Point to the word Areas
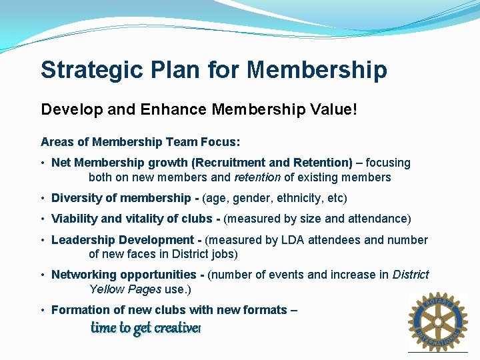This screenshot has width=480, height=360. point(55,142)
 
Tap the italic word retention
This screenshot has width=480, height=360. point(257,177)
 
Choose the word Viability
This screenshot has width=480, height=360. point(74,219)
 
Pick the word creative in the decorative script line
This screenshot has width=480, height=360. point(177,328)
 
